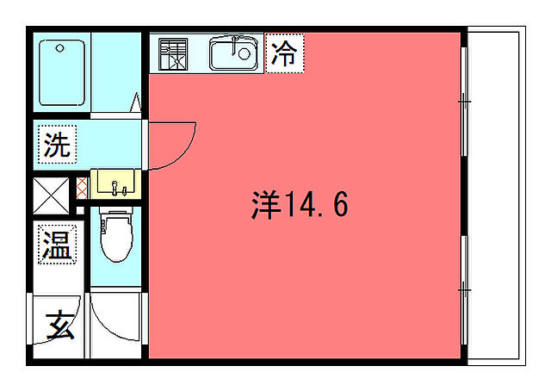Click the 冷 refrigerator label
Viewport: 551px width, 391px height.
282,54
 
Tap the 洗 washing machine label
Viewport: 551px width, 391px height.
58,145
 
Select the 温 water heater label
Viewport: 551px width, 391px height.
58,245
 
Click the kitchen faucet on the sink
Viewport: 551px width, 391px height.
232,43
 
